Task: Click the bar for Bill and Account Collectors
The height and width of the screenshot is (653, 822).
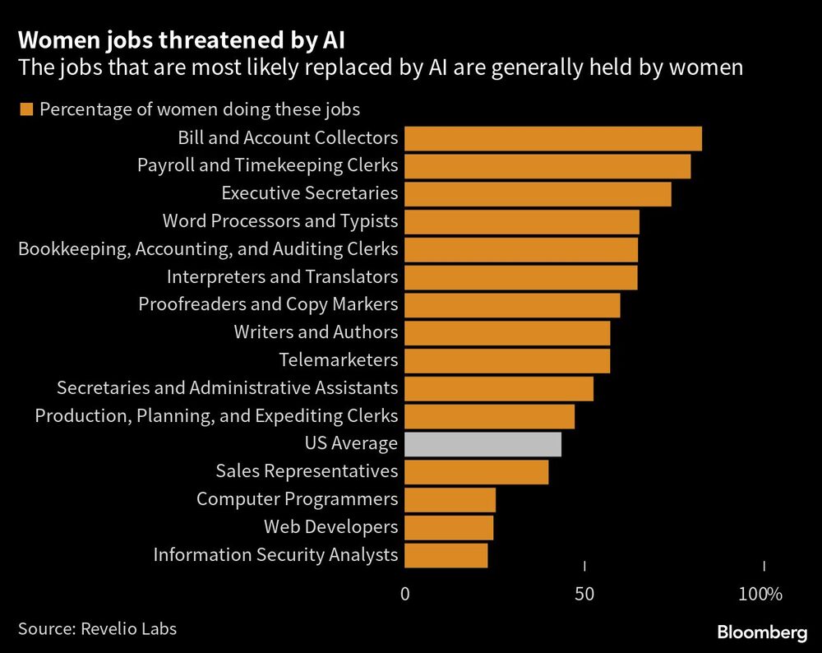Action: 553,139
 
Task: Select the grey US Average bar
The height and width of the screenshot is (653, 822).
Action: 483,444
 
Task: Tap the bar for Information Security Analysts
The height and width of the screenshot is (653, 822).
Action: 446,555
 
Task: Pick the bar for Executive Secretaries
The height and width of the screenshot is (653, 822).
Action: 538,194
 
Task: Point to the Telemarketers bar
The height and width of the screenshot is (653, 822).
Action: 507,360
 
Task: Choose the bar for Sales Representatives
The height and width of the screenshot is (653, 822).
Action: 477,471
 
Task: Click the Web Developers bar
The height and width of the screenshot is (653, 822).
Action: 449,527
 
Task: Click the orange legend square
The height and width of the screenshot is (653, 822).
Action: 25,109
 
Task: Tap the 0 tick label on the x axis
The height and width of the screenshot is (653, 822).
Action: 404,594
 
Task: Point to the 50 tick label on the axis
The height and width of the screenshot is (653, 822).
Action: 584,594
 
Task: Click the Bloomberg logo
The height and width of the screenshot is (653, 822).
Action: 761,632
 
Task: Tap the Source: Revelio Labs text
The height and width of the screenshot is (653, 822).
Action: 97,629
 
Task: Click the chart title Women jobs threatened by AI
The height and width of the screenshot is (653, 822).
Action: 126,39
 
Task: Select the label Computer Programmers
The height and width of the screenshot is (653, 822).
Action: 297,499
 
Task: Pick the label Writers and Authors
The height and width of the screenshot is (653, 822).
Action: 316,332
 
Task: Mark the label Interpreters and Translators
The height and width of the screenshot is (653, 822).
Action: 282,276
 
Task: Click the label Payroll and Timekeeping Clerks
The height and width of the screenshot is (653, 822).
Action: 267,165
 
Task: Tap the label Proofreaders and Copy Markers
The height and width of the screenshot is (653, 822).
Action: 268,304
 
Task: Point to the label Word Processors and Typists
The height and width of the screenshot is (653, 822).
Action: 279,221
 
